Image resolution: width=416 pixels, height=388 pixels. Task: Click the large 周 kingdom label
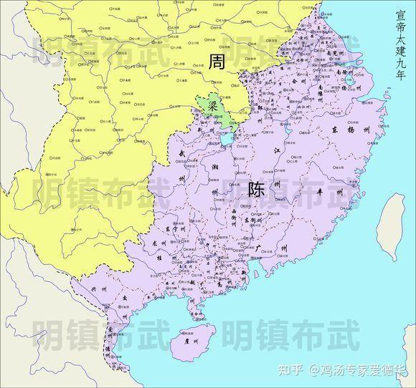click(216, 62)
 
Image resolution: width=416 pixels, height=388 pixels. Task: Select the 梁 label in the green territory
click(212, 105)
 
